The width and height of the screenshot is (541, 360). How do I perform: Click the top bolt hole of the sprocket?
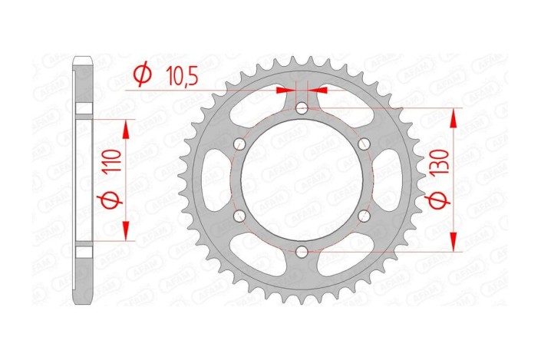click(302, 108)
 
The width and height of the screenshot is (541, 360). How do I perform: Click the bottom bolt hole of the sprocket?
click(302, 251)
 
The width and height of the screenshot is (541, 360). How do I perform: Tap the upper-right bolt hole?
click(365, 144)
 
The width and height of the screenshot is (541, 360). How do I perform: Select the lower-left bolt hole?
click(240, 216)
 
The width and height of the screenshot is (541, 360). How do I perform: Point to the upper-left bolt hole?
click(240, 144)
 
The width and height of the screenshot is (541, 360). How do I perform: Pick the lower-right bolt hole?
click(365, 216)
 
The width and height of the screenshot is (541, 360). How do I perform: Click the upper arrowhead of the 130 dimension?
click(455, 115)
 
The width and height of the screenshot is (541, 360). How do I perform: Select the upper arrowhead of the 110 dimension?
click(126, 125)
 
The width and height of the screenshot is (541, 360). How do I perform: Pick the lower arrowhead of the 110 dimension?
click(126, 234)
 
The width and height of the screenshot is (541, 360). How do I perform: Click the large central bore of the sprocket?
click(302, 180)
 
